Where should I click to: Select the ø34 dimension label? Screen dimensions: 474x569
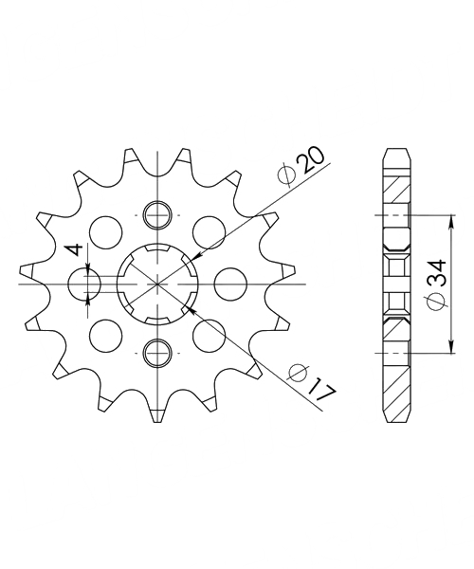[x=437, y=284]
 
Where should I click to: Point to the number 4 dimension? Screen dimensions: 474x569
[x=75, y=249]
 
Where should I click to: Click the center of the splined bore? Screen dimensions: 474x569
[x=157, y=284]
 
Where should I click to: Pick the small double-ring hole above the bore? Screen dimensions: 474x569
[x=157, y=215]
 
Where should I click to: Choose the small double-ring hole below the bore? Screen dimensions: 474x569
[x=157, y=353]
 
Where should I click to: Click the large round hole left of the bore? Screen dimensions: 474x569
[x=84, y=284]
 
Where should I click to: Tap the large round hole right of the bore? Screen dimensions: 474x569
[x=230, y=284]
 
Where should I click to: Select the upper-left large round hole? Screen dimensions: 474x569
[x=106, y=232]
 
